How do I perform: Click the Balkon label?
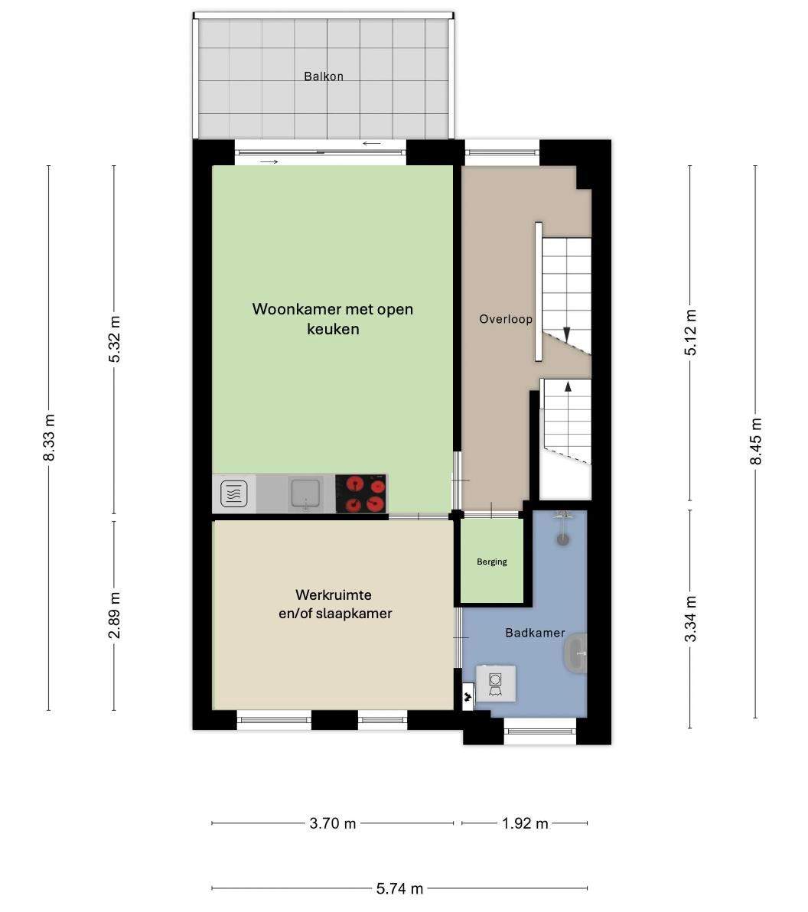pyautogui.click(x=324, y=77)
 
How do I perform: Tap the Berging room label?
pyautogui.click(x=491, y=562)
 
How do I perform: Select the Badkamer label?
pyautogui.click(x=535, y=633)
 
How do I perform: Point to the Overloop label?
pyautogui.click(x=506, y=319)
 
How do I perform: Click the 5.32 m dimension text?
pyautogui.click(x=115, y=340)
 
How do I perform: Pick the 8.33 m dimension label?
pyautogui.click(x=49, y=438)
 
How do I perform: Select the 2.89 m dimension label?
pyautogui.click(x=115, y=615)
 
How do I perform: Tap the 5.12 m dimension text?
pyautogui.click(x=690, y=333)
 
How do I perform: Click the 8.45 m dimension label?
pyautogui.click(x=756, y=441)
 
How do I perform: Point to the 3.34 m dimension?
pyautogui.click(x=690, y=620)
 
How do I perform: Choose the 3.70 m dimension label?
pyautogui.click(x=333, y=823)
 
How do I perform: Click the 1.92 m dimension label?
pyautogui.click(x=525, y=823)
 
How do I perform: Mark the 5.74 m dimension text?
pyautogui.click(x=399, y=889)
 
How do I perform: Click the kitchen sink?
pyautogui.click(x=305, y=493)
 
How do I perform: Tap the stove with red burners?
pyautogui.click(x=361, y=493)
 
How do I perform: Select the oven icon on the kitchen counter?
pyautogui.click(x=234, y=494)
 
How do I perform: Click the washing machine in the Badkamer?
pyautogui.click(x=496, y=683)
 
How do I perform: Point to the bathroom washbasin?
pyautogui.click(x=576, y=653)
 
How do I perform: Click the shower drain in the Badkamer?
pyautogui.click(x=562, y=539)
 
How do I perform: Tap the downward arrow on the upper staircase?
pyautogui.click(x=566, y=334)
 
